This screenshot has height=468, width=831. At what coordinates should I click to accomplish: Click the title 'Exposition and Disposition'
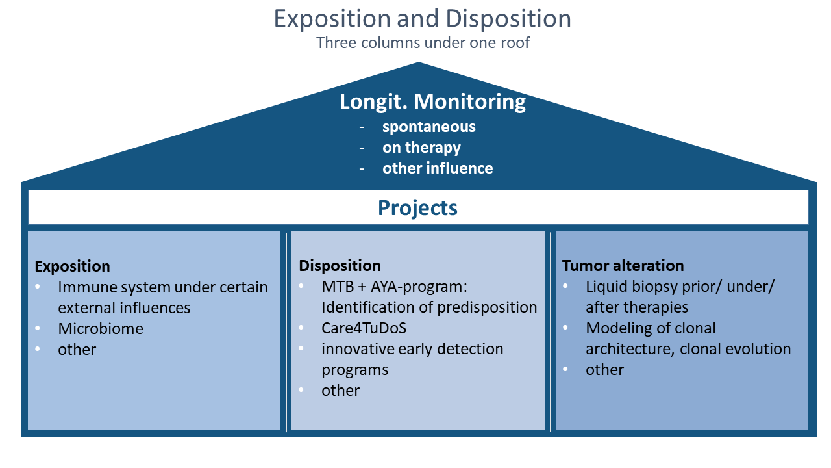(x=422, y=19)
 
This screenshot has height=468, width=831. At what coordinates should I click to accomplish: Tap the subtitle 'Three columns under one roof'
(x=423, y=43)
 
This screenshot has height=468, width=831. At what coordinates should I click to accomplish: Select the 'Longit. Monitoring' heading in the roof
(x=432, y=102)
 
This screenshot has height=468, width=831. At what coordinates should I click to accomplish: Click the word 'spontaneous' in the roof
(x=429, y=127)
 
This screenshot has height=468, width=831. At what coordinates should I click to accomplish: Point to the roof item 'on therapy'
(x=421, y=148)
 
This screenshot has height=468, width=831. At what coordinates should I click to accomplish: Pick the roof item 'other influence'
(x=438, y=168)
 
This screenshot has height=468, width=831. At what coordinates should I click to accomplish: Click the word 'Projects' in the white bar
(x=417, y=207)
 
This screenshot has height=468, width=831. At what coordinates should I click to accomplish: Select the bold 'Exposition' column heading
(x=72, y=266)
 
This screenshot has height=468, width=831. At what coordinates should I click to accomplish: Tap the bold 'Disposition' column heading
(x=340, y=266)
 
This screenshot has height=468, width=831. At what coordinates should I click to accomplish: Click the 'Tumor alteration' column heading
(x=623, y=266)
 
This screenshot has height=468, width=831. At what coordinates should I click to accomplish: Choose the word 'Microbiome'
(x=101, y=329)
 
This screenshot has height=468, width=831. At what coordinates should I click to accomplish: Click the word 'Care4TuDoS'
(x=364, y=328)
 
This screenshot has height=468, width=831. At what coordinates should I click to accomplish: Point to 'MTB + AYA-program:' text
(x=394, y=287)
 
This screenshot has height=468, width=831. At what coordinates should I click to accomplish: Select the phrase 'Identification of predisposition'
(x=429, y=307)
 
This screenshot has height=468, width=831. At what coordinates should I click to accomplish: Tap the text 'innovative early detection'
(x=412, y=349)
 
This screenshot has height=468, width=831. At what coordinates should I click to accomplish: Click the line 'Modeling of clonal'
(x=651, y=328)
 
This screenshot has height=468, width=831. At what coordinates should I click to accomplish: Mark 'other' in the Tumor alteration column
(x=604, y=370)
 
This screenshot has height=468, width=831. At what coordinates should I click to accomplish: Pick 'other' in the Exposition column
(x=77, y=350)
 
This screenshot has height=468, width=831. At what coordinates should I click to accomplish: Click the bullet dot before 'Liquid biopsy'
(x=565, y=285)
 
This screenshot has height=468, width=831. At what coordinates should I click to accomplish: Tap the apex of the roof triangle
(x=419, y=62)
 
